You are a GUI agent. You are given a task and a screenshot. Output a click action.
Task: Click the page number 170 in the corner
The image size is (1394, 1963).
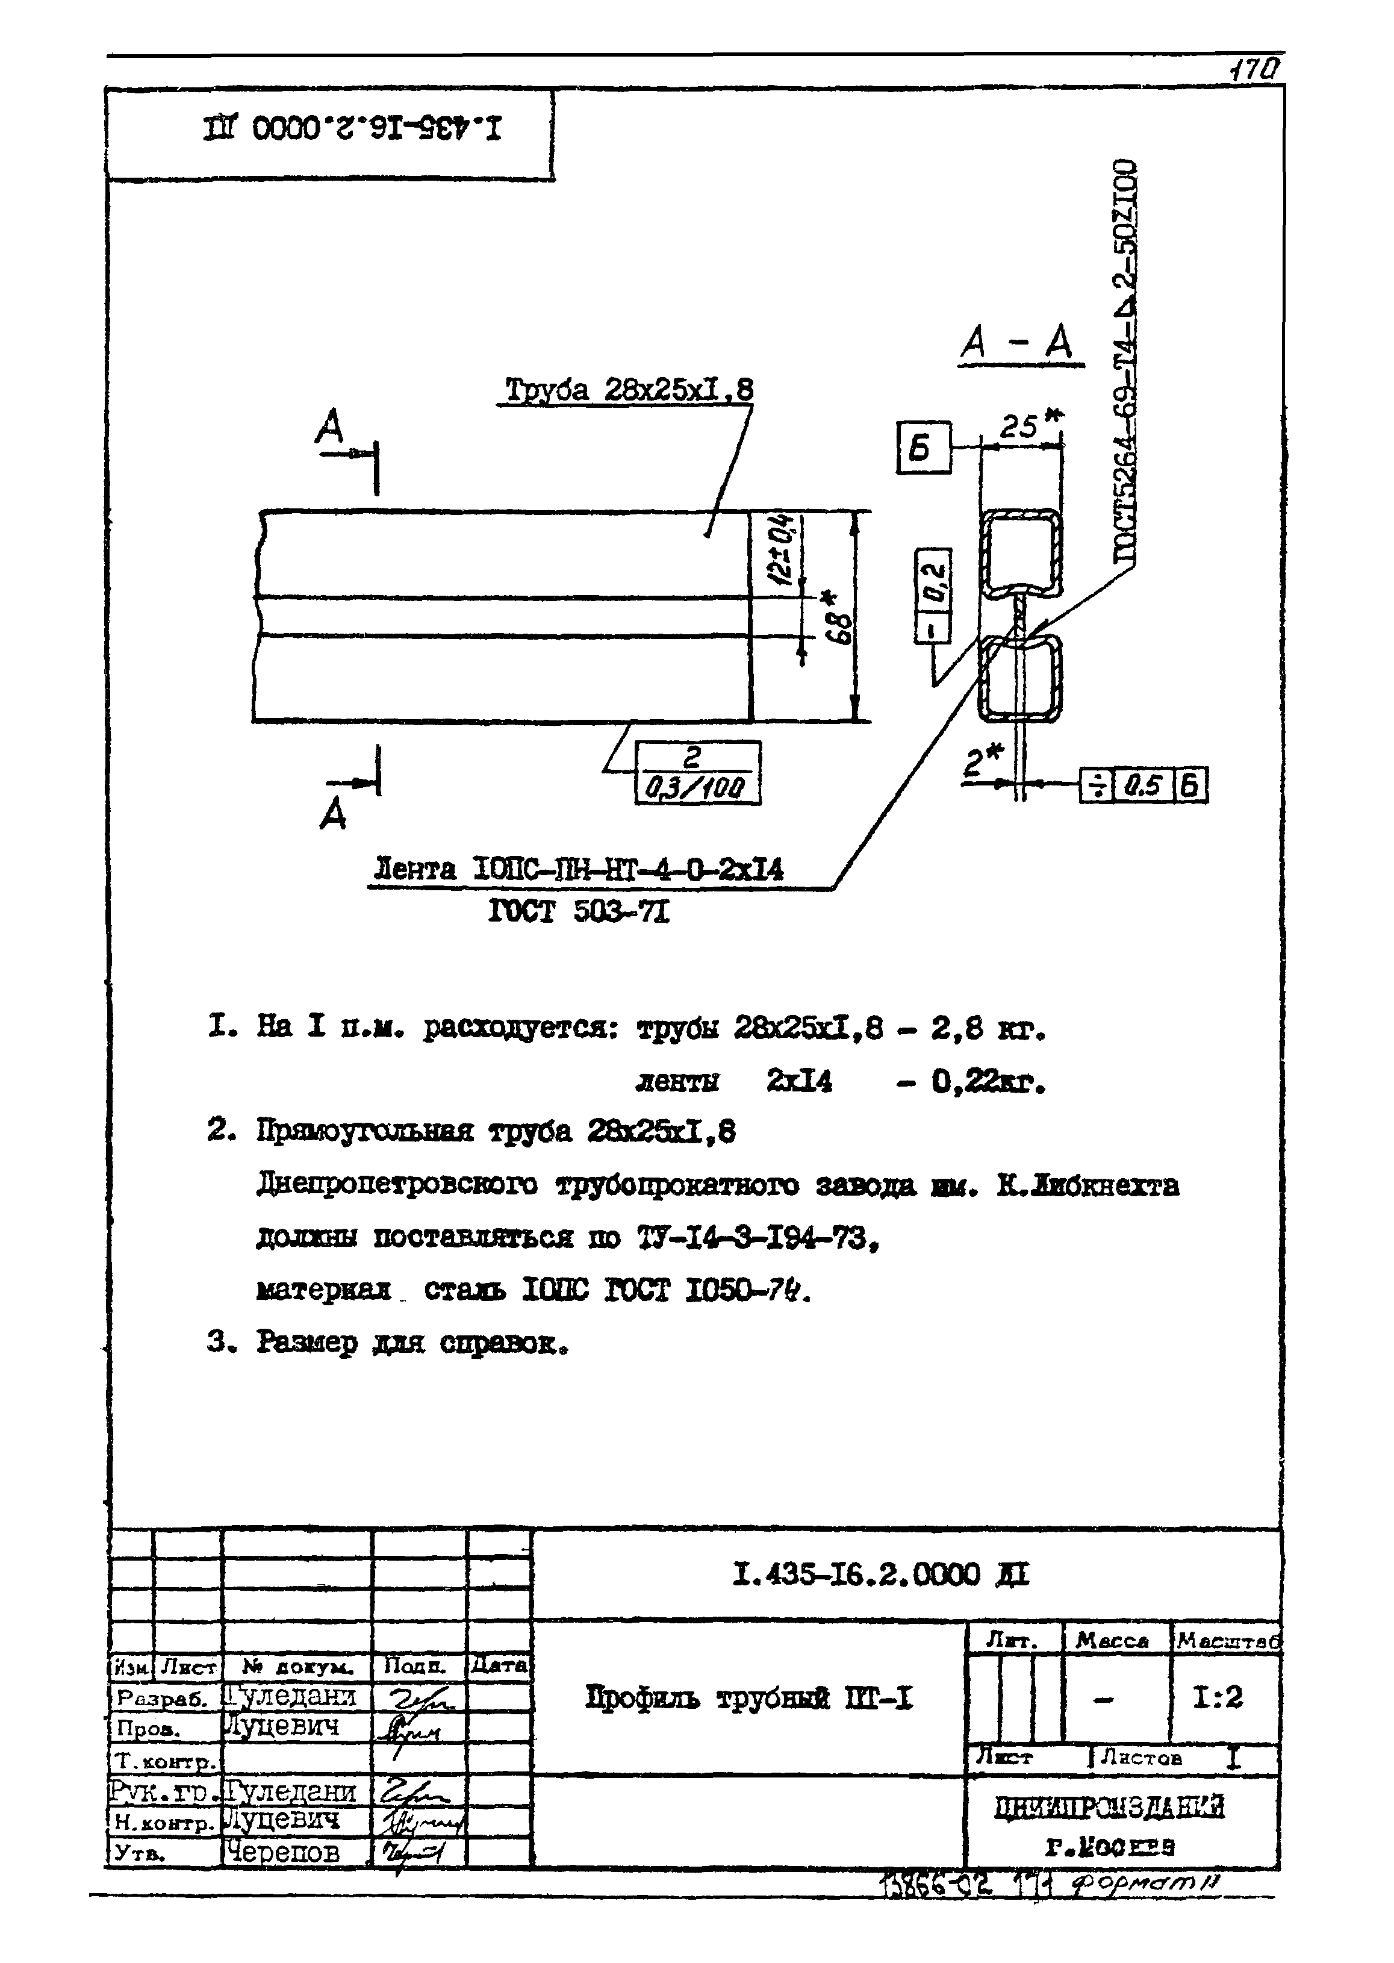click(1256, 68)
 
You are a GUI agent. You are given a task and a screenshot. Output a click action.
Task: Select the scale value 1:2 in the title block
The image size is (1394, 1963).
click(1216, 1697)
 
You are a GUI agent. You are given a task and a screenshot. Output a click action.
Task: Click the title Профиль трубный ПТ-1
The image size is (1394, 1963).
click(748, 1697)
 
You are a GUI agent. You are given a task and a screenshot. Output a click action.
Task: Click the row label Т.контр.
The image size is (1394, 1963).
click(164, 1762)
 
